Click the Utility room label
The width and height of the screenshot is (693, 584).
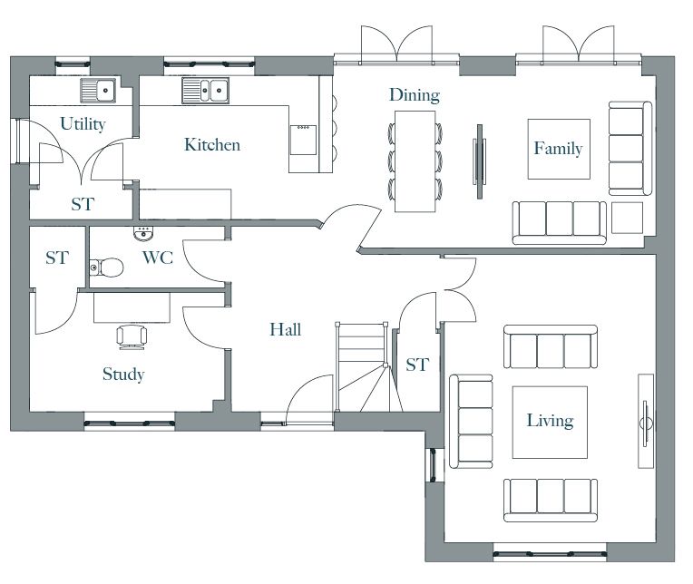[83, 124]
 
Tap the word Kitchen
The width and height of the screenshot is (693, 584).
[212, 145]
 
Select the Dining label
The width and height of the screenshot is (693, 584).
[415, 95]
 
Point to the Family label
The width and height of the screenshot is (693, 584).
[558, 149]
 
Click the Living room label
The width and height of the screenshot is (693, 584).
[551, 421]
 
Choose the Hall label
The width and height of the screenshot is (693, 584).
[286, 329]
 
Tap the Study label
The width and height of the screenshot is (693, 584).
[123, 375]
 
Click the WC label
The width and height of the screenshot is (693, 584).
[158, 258]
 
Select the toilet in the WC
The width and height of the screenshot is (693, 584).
[106, 268]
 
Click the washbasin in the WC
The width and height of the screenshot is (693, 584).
[143, 234]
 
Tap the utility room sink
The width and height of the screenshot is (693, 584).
[98, 91]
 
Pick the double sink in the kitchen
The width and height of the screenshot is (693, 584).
[206, 91]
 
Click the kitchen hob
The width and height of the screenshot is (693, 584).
[303, 140]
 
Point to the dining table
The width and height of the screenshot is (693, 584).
[415, 161]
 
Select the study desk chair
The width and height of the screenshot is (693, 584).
[132, 336]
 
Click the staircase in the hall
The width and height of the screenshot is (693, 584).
[363, 367]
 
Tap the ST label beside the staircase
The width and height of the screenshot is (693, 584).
[417, 365]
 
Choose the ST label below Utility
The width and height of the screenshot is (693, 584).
[83, 205]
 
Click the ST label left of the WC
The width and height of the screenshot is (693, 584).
[57, 258]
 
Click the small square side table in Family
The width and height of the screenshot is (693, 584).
[627, 218]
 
